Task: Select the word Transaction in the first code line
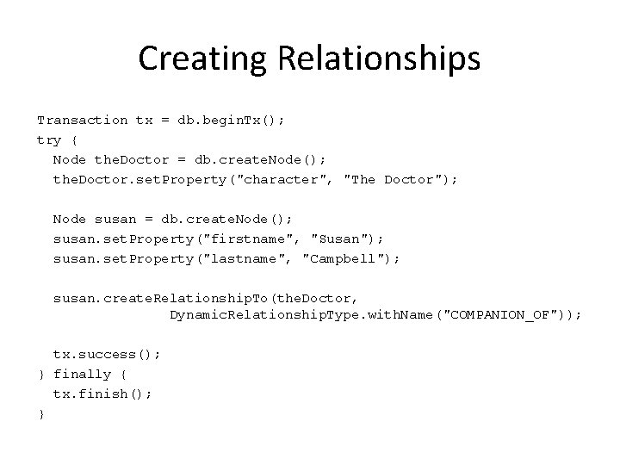[x=82, y=121]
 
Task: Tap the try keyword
[x=49, y=140]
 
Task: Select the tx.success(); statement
[x=107, y=355]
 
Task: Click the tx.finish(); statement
[x=102, y=394]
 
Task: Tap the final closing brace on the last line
[x=40, y=414]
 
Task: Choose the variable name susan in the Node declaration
[x=110, y=220]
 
